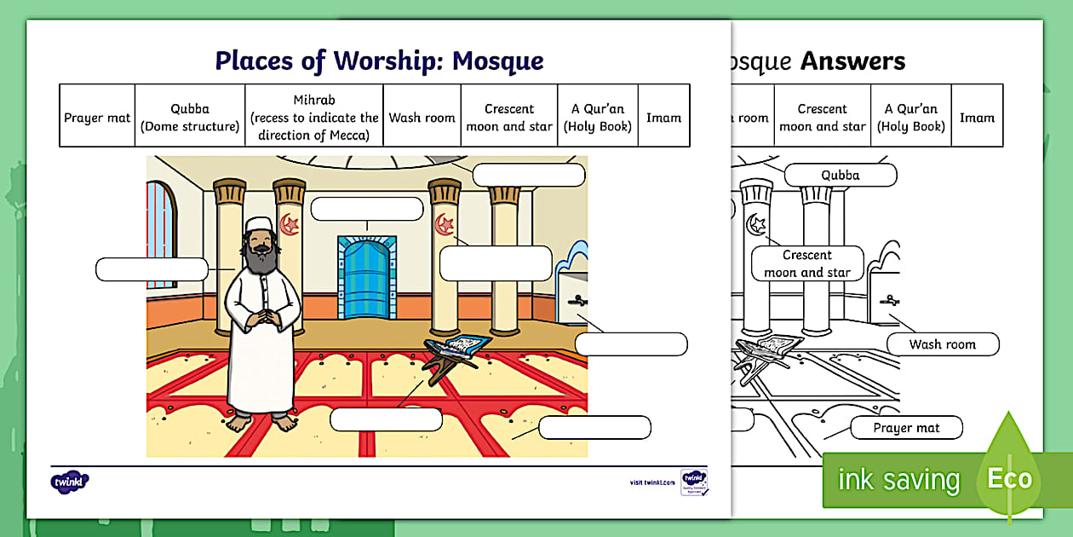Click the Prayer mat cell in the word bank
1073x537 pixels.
pyautogui.click(x=97, y=117)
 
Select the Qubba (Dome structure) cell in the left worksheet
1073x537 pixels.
pyautogui.click(x=190, y=117)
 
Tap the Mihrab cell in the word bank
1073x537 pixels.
pyautogui.click(x=314, y=117)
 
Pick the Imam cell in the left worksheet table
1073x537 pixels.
pyautogui.click(x=663, y=117)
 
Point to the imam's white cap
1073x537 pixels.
pyautogui.click(x=259, y=225)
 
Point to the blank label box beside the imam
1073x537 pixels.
pyautogui.click(x=152, y=269)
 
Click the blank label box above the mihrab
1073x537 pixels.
pyautogui.click(x=366, y=209)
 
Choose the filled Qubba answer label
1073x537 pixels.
pyautogui.click(x=840, y=176)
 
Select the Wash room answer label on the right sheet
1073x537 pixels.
pyautogui.click(x=942, y=344)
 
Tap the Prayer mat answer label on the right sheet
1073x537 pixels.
pyautogui.click(x=906, y=428)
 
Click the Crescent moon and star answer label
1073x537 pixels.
pyautogui.click(x=807, y=263)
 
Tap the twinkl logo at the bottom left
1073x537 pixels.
pyautogui.click(x=69, y=482)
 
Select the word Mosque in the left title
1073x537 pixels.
pyautogui.click(x=497, y=61)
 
